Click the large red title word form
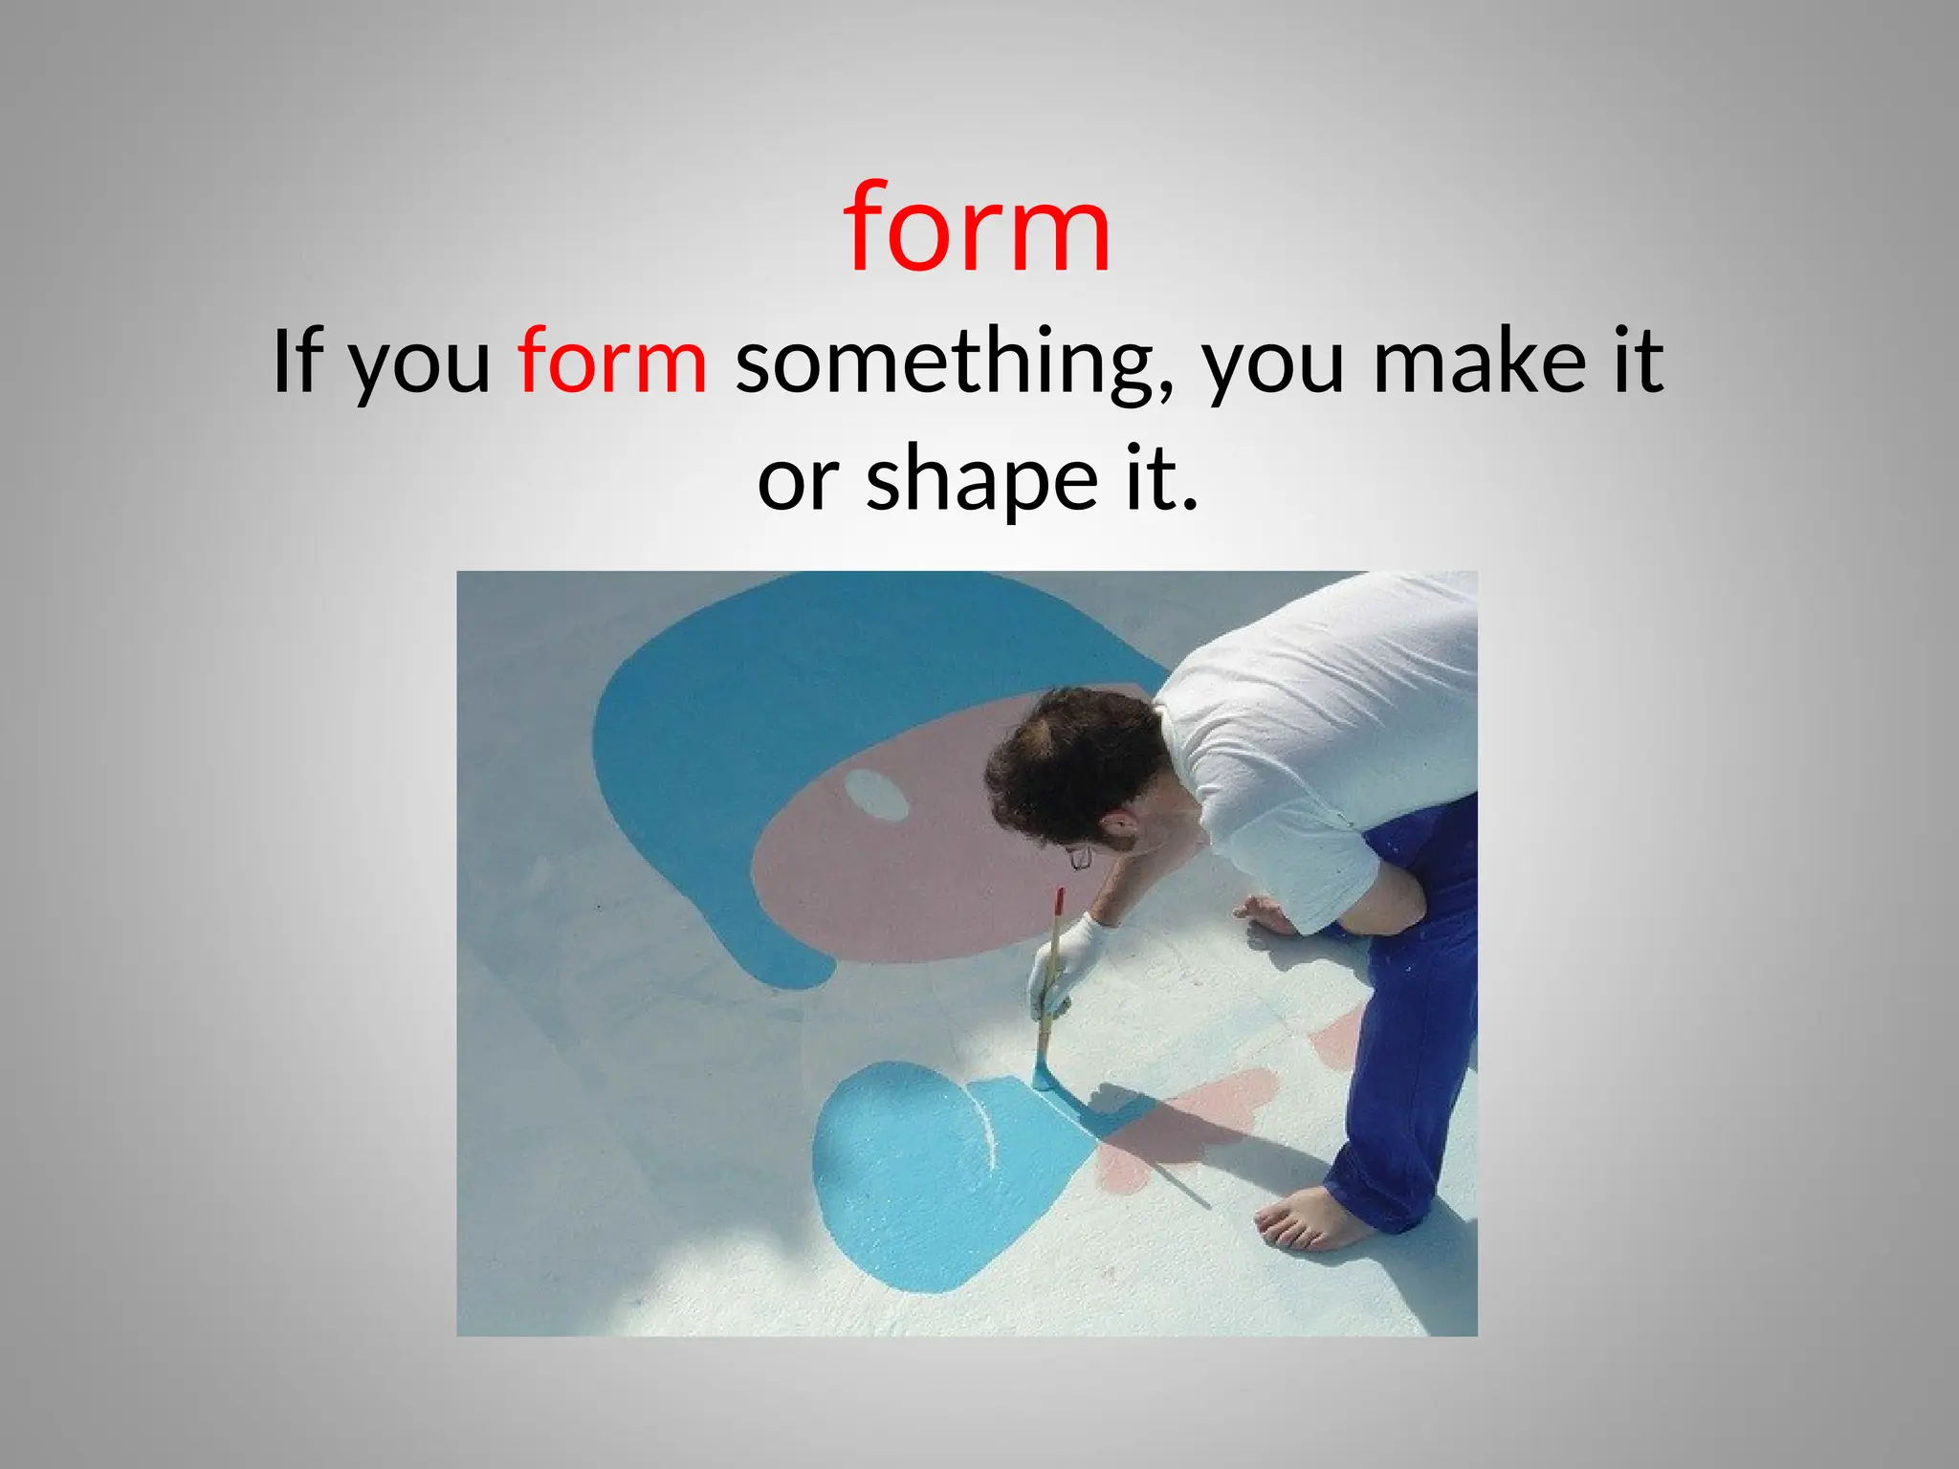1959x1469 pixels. pos(978,230)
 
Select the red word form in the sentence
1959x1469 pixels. pos(612,362)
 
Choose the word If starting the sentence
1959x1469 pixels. pos(297,362)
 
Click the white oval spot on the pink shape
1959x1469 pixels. pos(875,795)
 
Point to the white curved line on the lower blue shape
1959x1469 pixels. pos(985,1129)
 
